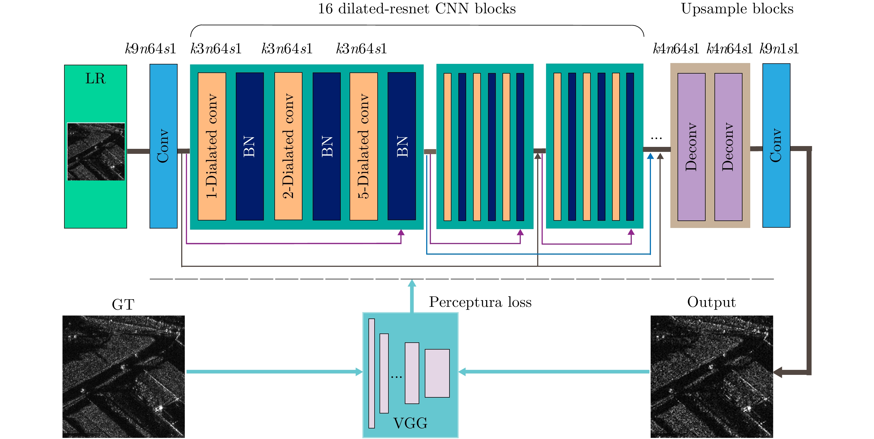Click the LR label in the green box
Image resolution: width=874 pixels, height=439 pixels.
[95, 79]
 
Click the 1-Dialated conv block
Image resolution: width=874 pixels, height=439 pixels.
[212, 146]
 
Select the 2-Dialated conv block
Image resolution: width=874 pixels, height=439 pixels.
[288, 146]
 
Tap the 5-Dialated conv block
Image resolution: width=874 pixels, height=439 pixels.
[363, 146]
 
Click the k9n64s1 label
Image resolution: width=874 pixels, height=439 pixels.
[150, 49]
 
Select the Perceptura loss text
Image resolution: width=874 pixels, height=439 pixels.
[480, 302]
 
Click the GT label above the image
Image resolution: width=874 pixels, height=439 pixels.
[123, 304]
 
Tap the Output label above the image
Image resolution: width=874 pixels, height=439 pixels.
[711, 302]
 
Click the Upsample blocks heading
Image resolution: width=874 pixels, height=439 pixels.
[737, 9]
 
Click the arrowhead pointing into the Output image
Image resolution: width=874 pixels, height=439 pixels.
[777, 372]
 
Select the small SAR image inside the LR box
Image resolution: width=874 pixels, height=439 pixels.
[96, 151]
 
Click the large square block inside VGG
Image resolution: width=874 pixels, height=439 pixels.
[437, 373]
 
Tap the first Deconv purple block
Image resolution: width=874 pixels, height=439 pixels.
[691, 147]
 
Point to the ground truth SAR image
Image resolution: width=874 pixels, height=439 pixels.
[123, 377]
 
